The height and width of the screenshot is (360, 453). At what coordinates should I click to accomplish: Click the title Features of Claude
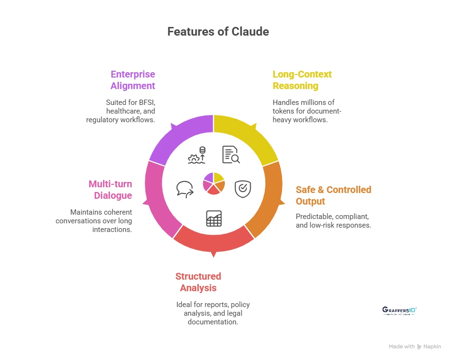tap(218, 32)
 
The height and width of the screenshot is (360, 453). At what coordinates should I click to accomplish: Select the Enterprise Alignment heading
tap(133, 80)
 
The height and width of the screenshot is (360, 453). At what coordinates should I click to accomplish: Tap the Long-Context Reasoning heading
tap(302, 80)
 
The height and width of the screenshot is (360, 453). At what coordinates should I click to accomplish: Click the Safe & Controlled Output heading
tap(333, 195)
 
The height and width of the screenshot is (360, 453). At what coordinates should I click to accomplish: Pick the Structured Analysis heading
tap(198, 282)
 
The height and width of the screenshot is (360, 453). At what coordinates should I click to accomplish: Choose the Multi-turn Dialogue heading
tap(110, 190)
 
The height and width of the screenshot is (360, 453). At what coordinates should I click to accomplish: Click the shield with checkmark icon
tap(242, 188)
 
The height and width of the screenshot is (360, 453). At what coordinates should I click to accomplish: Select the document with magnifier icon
tap(231, 154)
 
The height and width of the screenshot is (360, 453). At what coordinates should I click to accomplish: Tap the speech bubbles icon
tap(185, 189)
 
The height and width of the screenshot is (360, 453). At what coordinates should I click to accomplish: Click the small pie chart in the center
tap(214, 183)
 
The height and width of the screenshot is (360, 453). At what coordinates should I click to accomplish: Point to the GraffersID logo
tap(399, 310)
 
